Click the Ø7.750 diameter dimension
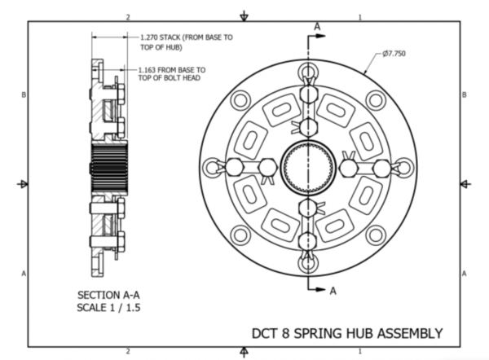394,54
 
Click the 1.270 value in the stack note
148,37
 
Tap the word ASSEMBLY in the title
410,333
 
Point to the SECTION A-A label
108,295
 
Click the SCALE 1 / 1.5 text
108,308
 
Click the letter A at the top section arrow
317,27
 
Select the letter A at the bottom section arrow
333,291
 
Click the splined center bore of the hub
308,168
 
